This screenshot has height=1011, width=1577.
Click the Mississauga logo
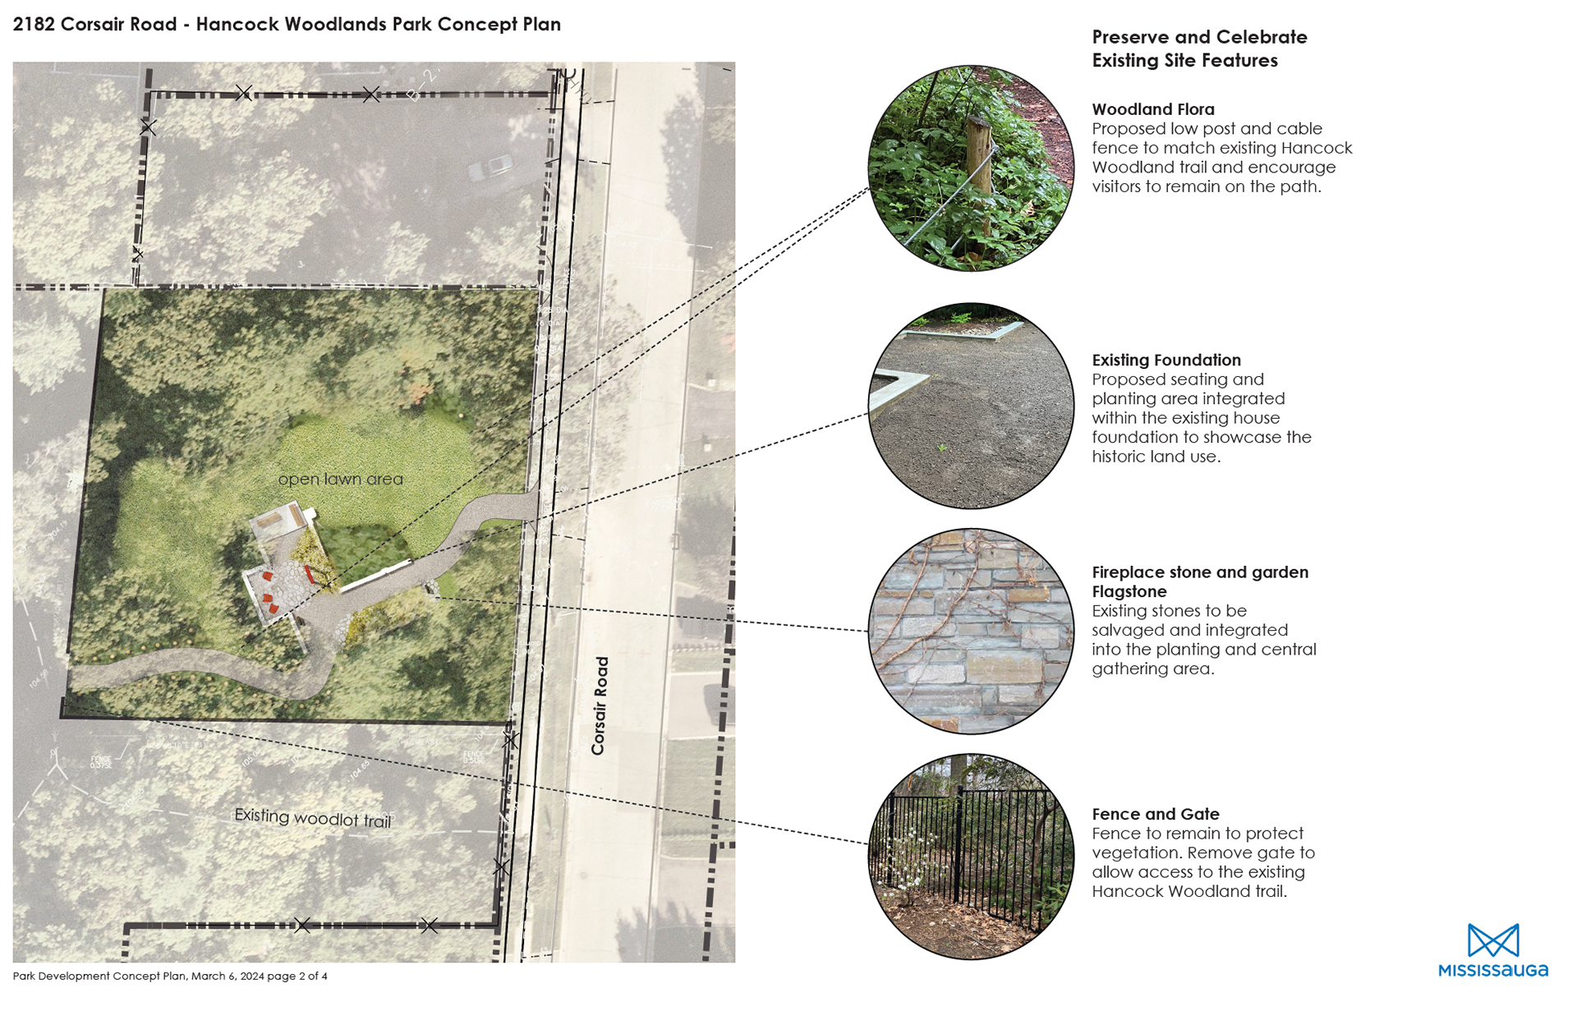[1492, 951]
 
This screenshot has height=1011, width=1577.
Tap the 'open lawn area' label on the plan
[340, 479]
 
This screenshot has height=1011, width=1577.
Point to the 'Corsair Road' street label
[600, 705]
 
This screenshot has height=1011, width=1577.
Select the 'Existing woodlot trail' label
[312, 818]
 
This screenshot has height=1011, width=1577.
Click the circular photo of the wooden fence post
[971, 168]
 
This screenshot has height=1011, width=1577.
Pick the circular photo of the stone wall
[971, 631]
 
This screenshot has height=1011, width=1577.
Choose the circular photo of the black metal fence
[971, 856]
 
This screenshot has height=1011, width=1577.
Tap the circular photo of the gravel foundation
[971, 406]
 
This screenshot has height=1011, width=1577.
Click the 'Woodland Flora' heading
[1152, 109]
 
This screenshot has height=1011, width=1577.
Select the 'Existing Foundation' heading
[1166, 360]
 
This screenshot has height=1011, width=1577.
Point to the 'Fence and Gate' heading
[1155, 814]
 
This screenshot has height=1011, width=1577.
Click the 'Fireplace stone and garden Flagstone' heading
[1199, 581]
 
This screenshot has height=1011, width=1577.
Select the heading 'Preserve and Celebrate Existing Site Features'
[1198, 48]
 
